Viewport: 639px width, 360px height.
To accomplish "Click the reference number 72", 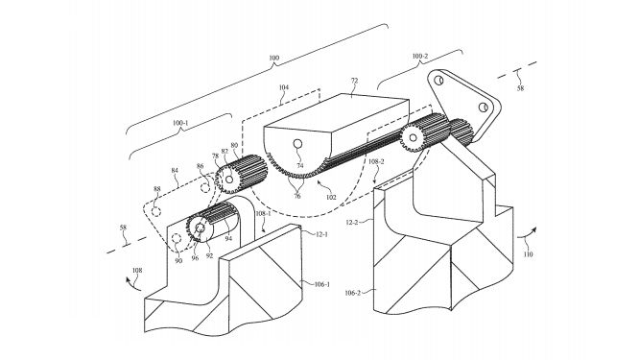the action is tap(355, 81).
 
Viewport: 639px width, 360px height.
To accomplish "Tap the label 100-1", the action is tap(180, 122).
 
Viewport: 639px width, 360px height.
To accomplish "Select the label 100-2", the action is tap(419, 57).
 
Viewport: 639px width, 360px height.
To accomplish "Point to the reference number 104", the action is tap(284, 87).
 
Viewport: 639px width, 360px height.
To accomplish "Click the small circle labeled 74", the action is tap(297, 144).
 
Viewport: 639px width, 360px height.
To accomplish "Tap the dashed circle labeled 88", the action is tap(155, 211).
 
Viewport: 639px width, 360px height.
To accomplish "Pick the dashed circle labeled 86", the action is tap(205, 187).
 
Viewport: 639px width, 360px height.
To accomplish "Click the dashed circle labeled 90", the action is tap(176, 238).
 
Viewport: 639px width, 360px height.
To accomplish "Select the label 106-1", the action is tap(322, 284).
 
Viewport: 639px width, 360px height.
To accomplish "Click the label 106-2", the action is tap(352, 293).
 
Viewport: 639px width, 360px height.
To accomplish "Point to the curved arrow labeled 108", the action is tap(132, 283).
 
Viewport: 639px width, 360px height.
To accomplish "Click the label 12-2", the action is tap(353, 223).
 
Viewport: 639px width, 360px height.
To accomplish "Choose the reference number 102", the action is tap(331, 198).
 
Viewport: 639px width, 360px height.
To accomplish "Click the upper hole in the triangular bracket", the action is tap(438, 80).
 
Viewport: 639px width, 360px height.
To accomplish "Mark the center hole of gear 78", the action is tap(229, 180).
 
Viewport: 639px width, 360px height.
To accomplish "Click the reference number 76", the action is tap(297, 196).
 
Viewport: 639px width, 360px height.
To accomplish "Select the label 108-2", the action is tap(376, 162).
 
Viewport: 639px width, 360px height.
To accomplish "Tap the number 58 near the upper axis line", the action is tap(520, 88).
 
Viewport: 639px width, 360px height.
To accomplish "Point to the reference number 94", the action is tap(228, 238).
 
